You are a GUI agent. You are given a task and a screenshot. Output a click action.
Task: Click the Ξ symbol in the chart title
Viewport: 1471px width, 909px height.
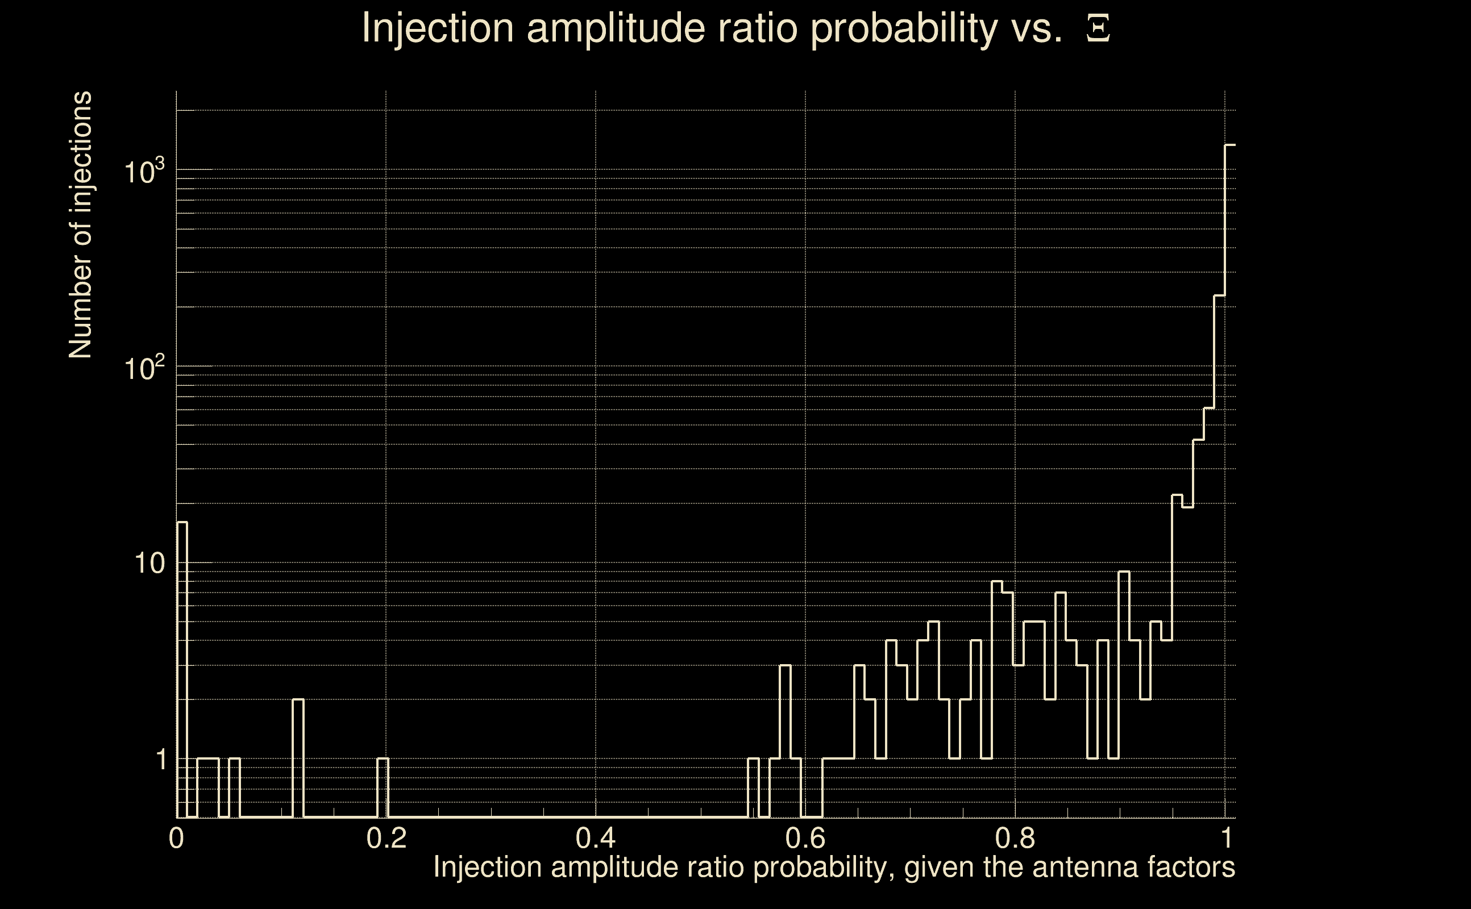point(1098,29)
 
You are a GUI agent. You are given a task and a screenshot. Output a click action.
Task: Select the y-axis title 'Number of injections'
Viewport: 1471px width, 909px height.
point(80,225)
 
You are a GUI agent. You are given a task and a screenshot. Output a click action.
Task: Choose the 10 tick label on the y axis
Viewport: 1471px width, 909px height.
point(149,564)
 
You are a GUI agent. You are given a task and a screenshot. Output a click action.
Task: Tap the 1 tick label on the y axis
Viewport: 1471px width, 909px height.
point(161,760)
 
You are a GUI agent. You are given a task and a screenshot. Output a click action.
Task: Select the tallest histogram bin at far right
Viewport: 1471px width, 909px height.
point(1231,481)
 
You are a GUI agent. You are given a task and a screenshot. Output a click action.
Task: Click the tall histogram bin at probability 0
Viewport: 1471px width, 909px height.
point(182,668)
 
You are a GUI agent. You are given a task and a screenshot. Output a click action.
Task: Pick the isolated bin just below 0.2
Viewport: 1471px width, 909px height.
point(383,787)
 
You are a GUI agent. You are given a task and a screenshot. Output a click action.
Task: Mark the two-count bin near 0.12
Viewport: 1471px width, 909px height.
point(298,757)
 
